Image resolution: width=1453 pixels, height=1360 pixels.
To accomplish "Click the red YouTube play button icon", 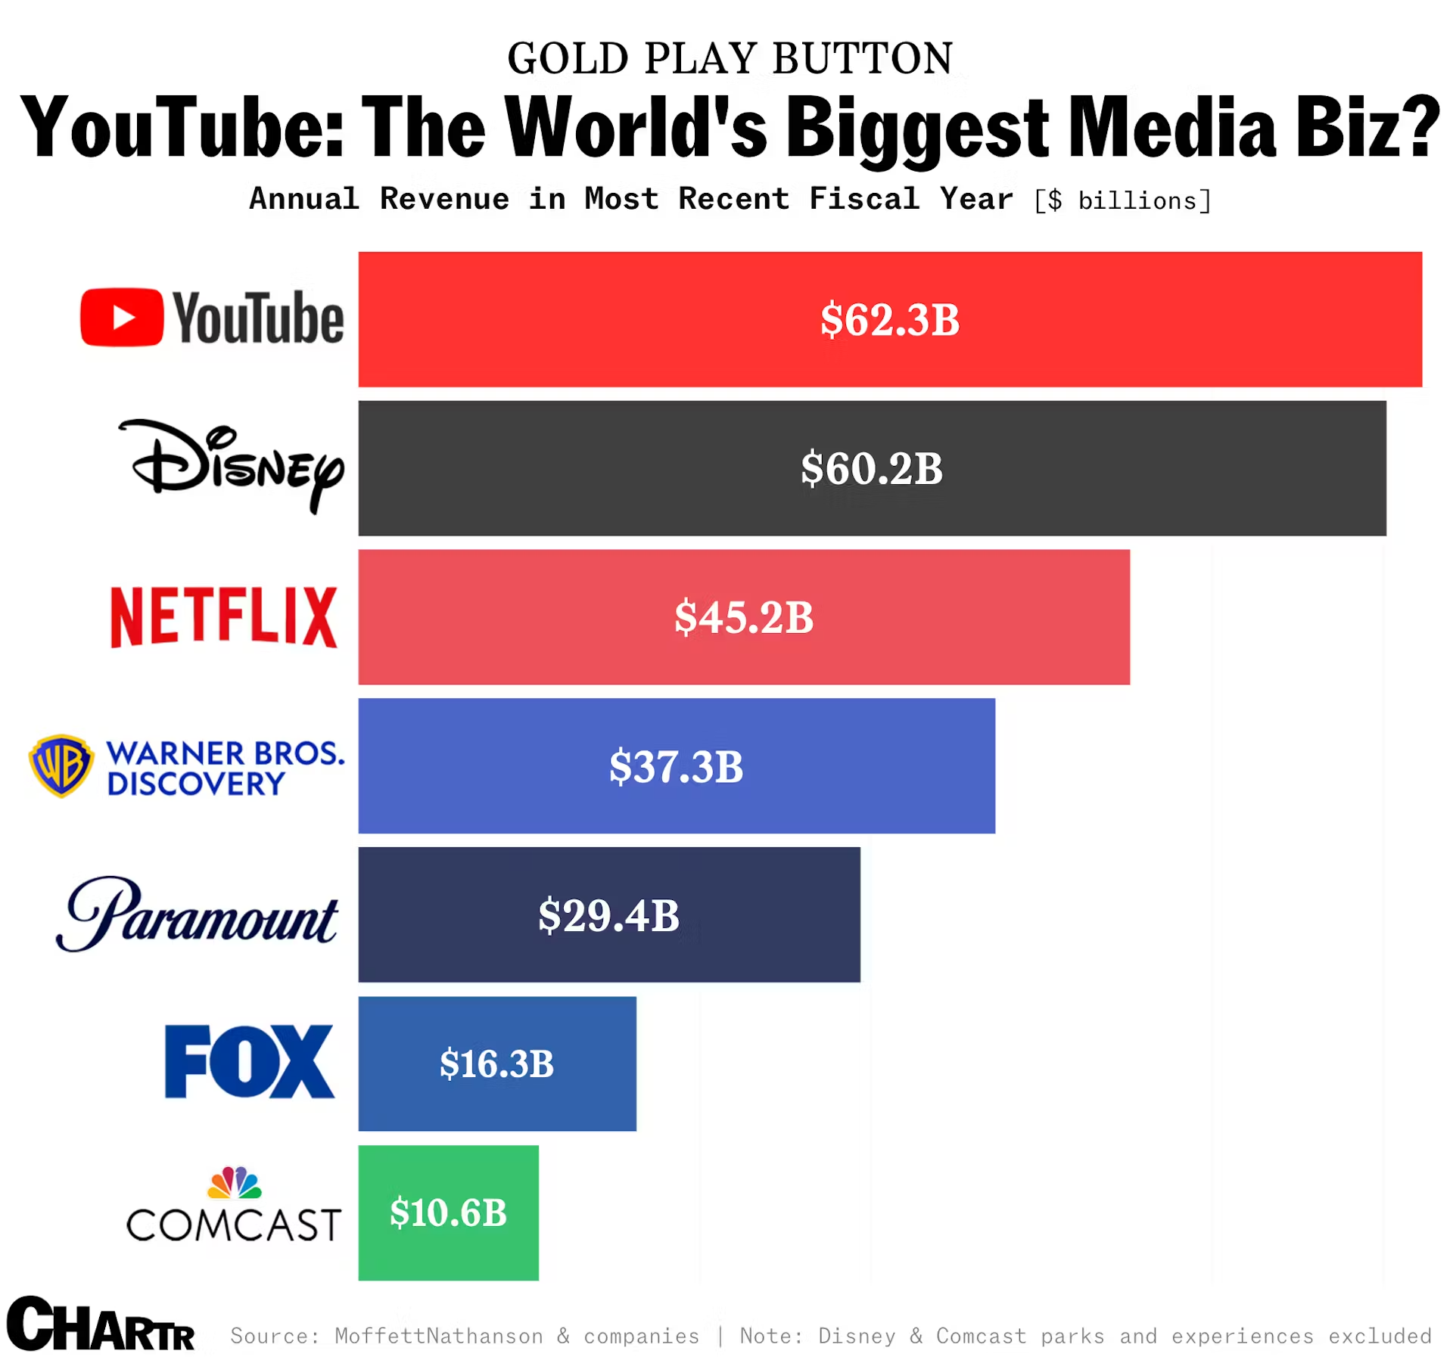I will coord(121,317).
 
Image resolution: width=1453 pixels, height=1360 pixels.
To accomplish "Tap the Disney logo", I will coord(232,464).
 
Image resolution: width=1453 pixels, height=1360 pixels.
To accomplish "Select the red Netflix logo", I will coord(224,616).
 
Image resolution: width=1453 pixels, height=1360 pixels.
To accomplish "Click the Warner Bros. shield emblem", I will coord(61,765).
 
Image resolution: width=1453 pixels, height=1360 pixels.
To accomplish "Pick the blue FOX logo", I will coord(249,1061).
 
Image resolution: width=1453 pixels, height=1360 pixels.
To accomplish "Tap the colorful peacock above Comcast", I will coord(235,1183).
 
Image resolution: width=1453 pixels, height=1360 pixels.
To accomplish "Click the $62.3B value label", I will coord(890,319).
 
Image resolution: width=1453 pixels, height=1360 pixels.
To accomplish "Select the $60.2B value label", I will coord(872,468).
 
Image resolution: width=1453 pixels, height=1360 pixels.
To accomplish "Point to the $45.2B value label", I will coord(744,617).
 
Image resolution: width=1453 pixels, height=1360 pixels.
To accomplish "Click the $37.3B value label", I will coord(677,766).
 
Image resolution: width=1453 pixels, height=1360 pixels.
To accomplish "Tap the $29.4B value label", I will coord(609,915).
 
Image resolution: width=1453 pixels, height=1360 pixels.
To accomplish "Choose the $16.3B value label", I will coord(497,1063).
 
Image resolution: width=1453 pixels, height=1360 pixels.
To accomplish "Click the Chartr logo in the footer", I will coord(100,1324).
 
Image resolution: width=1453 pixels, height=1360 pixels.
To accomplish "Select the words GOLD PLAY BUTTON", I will coord(730,58).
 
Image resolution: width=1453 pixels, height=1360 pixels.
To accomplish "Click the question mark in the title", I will coord(1418,126).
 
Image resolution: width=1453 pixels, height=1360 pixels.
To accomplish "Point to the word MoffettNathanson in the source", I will coord(439,1336).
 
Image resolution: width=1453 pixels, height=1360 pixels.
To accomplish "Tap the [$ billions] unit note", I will coord(1122,200).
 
